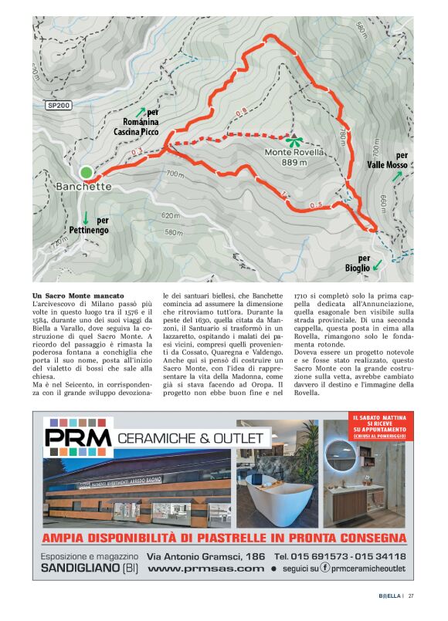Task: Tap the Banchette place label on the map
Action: tap(83, 187)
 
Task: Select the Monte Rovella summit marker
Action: tap(294, 140)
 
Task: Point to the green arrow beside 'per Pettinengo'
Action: tap(86, 219)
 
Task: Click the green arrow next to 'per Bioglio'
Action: tap(377, 265)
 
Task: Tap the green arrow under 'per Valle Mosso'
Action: tap(397, 176)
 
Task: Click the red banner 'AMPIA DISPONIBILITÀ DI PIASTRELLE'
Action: tap(224, 538)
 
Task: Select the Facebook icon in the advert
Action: tap(325, 569)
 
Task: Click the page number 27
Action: tap(412, 596)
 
